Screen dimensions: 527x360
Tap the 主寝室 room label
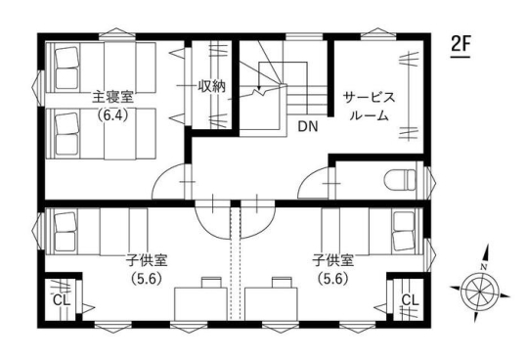click(113, 97)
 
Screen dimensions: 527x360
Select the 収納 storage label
click(212, 87)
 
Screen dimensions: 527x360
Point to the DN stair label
click(308, 126)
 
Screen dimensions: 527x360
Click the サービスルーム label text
click(369, 107)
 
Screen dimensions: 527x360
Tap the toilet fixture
click(400, 180)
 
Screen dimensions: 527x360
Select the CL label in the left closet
click(62, 299)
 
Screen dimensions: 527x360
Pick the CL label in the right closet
click(410, 299)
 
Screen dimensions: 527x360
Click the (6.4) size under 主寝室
click(113, 115)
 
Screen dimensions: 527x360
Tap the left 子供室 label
click(147, 260)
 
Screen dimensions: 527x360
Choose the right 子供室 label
click(333, 260)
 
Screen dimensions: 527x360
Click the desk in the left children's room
click(201, 303)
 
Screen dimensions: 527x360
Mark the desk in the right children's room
click(271, 303)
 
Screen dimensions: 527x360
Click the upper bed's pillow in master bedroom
click(67, 67)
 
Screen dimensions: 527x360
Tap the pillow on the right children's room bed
click(404, 231)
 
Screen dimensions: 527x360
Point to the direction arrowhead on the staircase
click(258, 88)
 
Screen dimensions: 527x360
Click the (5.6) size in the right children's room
click(333, 279)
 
